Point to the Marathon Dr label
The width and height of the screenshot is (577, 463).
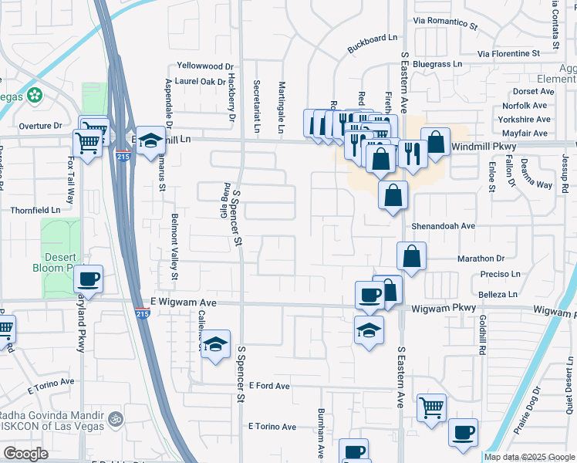click(x=481, y=259)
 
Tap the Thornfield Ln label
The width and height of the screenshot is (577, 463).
click(x=35, y=209)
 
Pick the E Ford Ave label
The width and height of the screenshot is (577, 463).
click(x=263, y=385)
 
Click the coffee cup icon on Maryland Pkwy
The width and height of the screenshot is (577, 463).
click(x=88, y=279)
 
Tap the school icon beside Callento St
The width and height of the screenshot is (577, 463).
click(x=217, y=343)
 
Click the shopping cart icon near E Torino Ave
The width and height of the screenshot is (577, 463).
click(x=431, y=407)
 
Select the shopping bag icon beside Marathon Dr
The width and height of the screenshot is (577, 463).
click(x=412, y=255)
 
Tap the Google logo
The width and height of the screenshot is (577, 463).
click(x=25, y=454)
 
